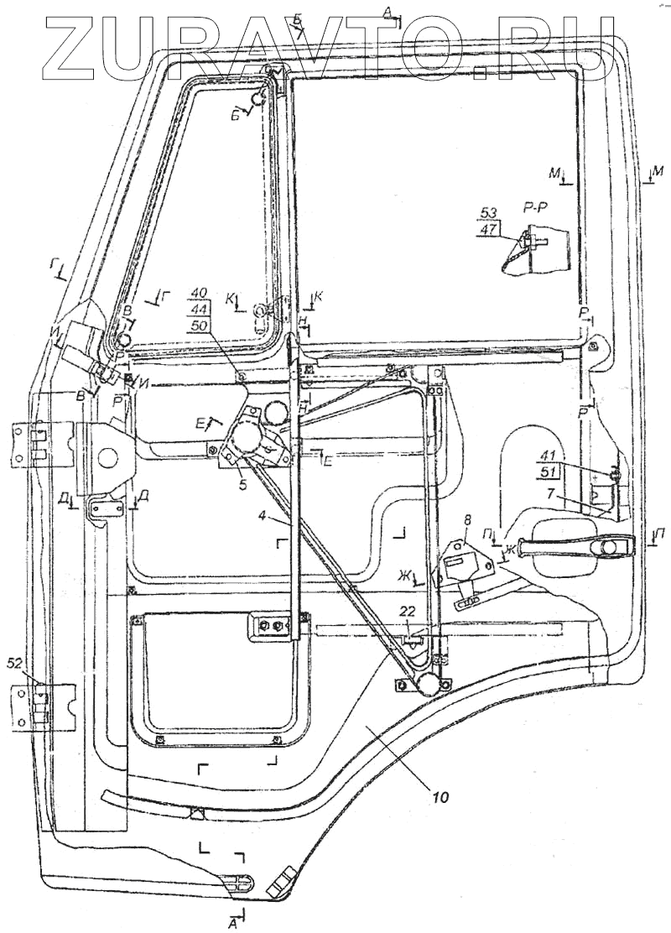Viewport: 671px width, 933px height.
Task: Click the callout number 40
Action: click(x=199, y=293)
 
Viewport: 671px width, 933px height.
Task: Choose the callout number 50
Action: click(x=199, y=324)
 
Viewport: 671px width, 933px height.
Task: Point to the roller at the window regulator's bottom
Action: click(x=430, y=685)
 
